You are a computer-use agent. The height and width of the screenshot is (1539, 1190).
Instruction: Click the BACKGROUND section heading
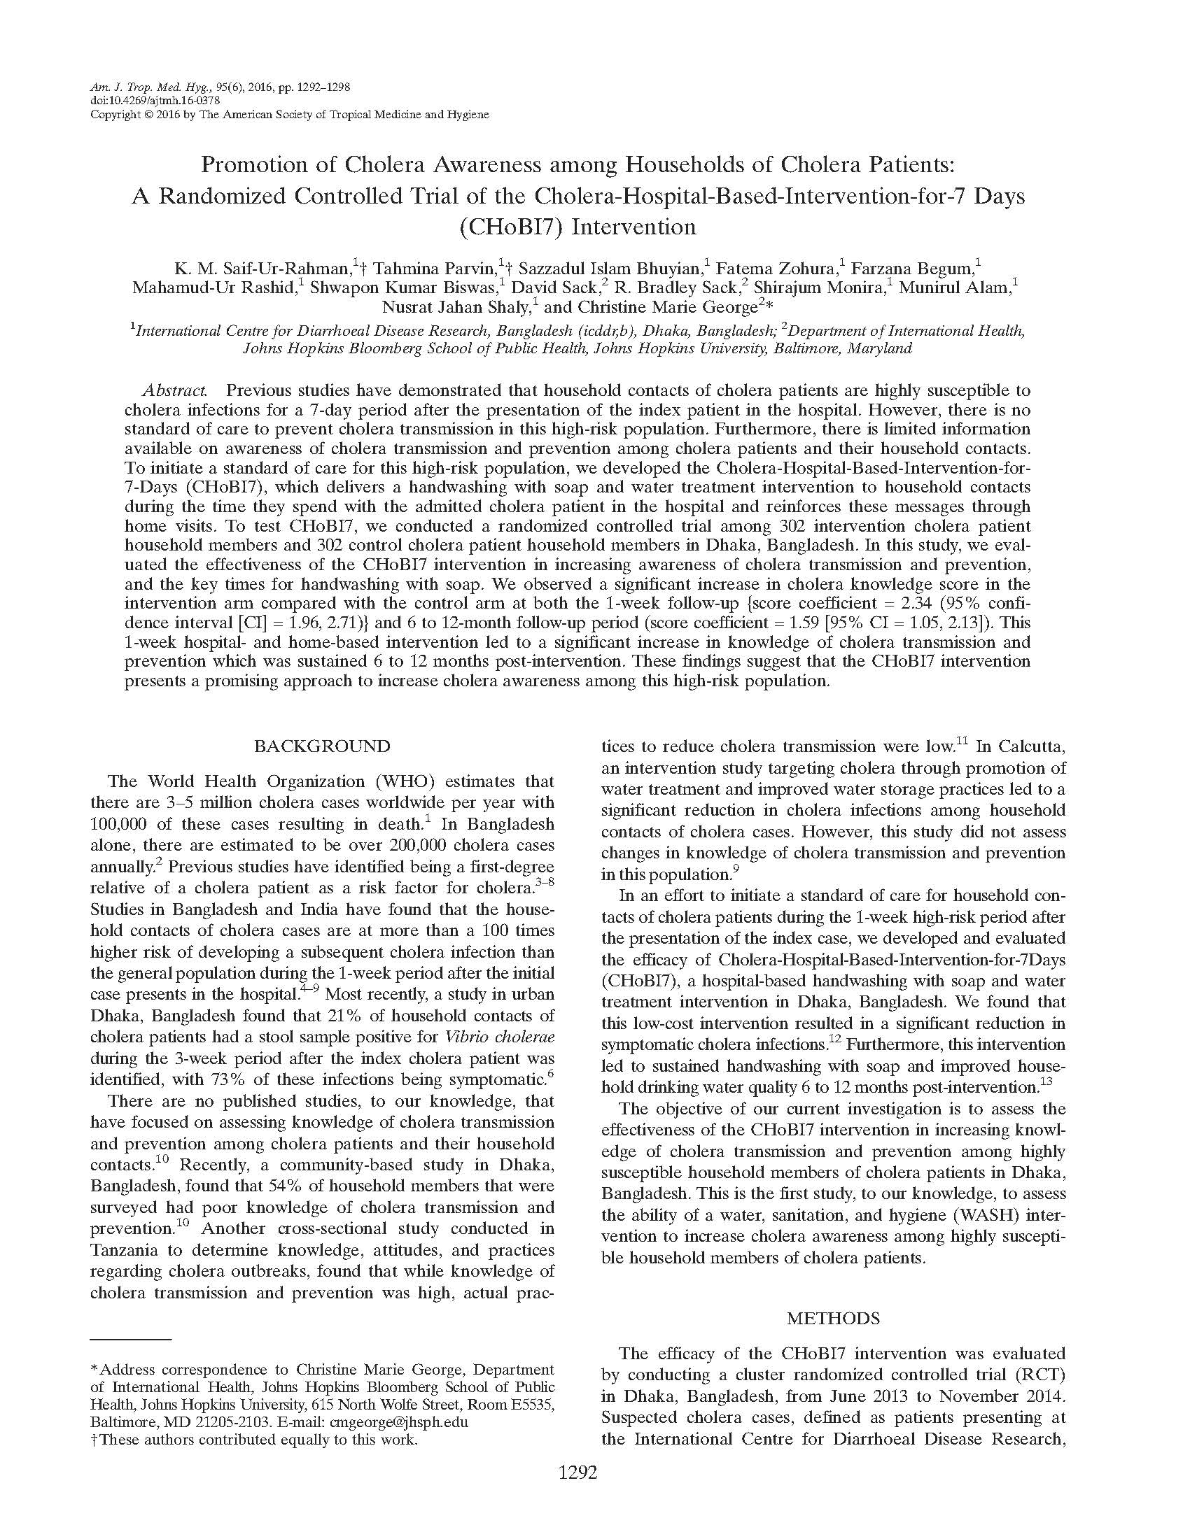click(321, 746)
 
